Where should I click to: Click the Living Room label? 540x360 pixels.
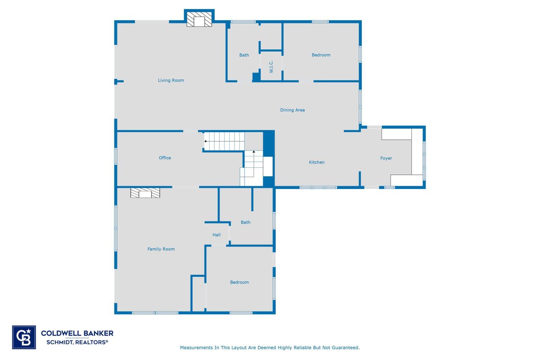pos(171,81)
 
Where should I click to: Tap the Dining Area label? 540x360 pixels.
pos(292,110)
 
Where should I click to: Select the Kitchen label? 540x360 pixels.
pos(317,162)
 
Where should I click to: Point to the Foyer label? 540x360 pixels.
pos(386,159)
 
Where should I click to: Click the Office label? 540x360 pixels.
pos(165,158)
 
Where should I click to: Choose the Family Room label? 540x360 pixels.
pos(161,249)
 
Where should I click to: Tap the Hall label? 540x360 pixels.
pos(217,235)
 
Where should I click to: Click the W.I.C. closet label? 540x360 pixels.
pos(271,67)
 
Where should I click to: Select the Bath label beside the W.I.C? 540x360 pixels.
pos(244,55)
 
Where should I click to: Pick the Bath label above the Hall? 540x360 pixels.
pos(245,222)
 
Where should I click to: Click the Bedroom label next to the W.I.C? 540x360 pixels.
pos(321,55)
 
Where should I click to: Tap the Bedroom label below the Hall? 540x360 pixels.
pos(240,282)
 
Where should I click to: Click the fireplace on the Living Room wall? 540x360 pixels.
pos(199,19)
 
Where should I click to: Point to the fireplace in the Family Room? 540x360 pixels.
pos(145,193)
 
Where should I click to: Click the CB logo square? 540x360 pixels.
pos(24,337)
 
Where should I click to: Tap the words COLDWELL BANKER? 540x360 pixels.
pos(77,333)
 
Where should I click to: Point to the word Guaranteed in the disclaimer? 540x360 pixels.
pos(346,347)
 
